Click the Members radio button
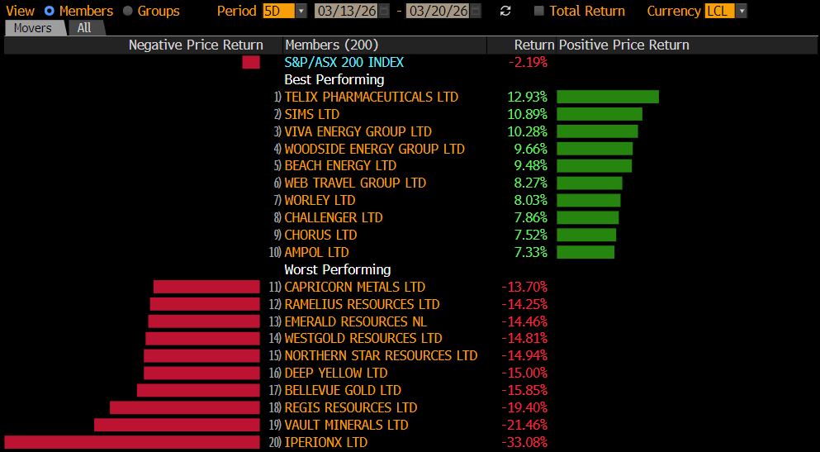(50, 11)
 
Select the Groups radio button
(128, 11)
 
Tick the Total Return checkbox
(539, 11)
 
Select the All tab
(84, 27)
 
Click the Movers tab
(33, 27)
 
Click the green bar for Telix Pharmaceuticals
(607, 97)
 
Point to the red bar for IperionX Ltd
(132, 442)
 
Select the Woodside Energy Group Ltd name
(374, 149)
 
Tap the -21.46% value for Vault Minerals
(524, 425)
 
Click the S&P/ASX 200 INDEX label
(344, 62)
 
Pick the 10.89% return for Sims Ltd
(527, 114)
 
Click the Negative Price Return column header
(196, 45)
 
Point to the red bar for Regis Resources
(185, 407)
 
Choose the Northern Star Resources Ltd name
(381, 355)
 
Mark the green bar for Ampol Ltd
(585, 252)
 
